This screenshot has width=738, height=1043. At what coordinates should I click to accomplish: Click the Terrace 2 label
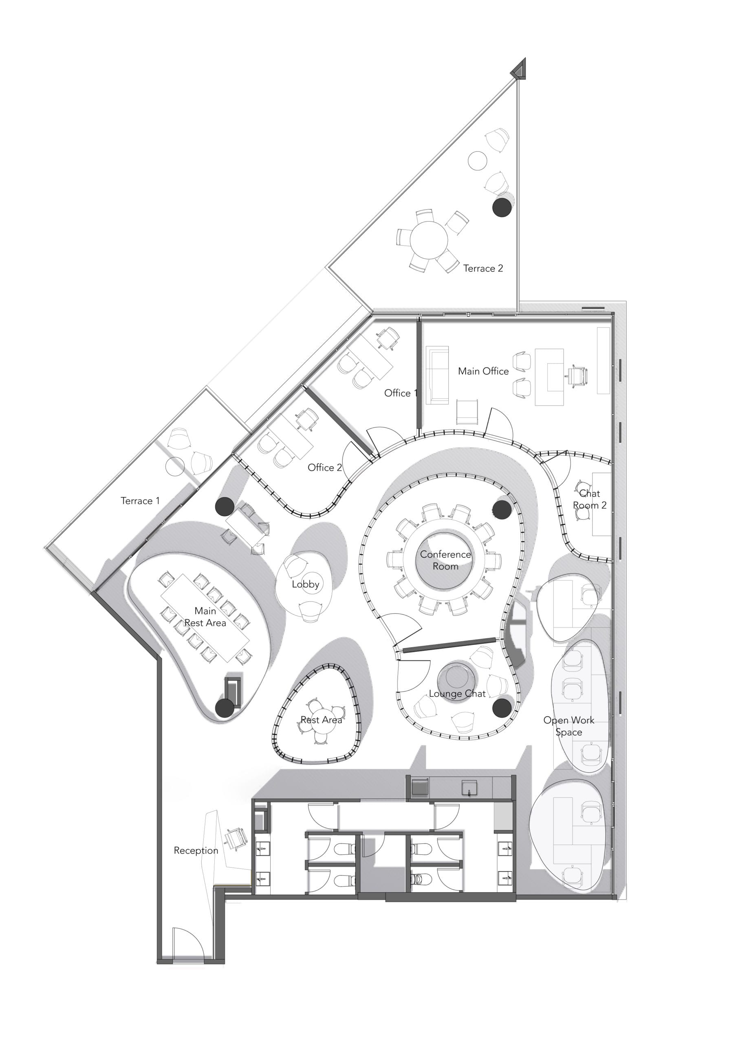tap(483, 268)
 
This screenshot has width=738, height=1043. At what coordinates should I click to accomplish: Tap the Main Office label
tap(483, 371)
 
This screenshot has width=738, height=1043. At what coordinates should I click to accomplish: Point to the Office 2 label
tap(324, 467)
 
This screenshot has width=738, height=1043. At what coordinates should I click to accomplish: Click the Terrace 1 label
tap(140, 501)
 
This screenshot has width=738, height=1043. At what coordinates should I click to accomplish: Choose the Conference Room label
tap(445, 560)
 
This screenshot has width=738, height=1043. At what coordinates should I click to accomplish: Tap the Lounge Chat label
tap(457, 694)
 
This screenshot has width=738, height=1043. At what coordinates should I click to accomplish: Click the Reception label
tap(196, 850)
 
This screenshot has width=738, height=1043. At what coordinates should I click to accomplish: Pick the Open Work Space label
tap(568, 726)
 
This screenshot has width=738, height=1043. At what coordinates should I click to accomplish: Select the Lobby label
tap(305, 584)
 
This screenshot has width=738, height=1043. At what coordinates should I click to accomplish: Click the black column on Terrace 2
tap(502, 207)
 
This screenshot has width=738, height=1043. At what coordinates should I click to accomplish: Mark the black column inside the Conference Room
tap(502, 509)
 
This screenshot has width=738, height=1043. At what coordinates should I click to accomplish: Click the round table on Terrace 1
tap(175, 466)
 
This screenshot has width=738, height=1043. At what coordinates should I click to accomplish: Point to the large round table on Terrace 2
tap(429, 240)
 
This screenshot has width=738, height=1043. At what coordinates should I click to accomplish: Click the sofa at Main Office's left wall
tap(437, 375)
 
